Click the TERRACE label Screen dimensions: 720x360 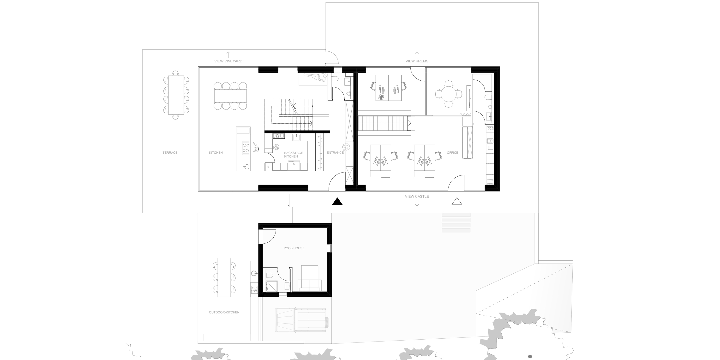pyautogui.click(x=170, y=153)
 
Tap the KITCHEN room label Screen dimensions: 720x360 pyautogui.click(x=216, y=153)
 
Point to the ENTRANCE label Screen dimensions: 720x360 pyautogui.click(x=335, y=153)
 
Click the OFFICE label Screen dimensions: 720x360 pyautogui.click(x=452, y=153)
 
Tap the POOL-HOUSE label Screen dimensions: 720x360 pyautogui.click(x=294, y=248)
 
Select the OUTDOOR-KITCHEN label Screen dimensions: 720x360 pyautogui.click(x=224, y=312)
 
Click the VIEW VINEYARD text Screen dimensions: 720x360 pyautogui.click(x=228, y=61)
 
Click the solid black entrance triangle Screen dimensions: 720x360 pyautogui.click(x=337, y=201)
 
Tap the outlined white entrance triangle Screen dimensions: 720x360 pyautogui.click(x=457, y=201)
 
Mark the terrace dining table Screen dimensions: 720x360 pyautogui.click(x=176, y=95)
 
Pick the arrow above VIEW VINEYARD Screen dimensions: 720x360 pyautogui.click(x=228, y=54)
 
